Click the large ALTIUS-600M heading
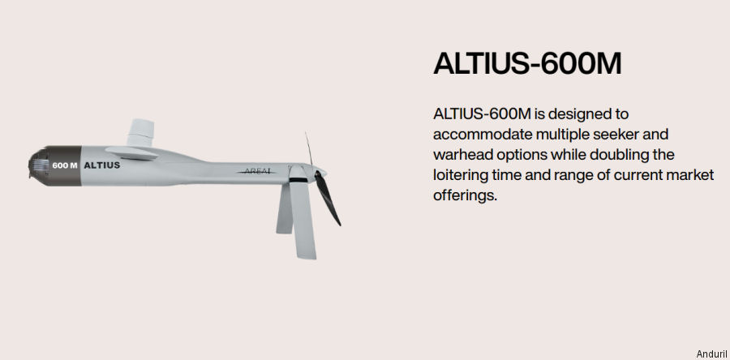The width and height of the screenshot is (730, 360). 527,63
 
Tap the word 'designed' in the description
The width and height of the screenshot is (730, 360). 586,114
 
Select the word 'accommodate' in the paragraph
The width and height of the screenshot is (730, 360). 483,135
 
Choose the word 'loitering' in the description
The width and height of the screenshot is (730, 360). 462,175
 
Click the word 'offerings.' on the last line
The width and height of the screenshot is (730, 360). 465,195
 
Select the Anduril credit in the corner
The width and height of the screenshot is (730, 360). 711,354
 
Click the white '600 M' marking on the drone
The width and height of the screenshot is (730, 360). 65,165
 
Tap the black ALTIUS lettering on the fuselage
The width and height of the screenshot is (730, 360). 102,165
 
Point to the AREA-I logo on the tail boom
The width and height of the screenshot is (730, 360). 257,172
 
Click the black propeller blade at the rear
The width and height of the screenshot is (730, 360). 328,198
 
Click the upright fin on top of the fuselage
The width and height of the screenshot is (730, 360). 140,132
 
